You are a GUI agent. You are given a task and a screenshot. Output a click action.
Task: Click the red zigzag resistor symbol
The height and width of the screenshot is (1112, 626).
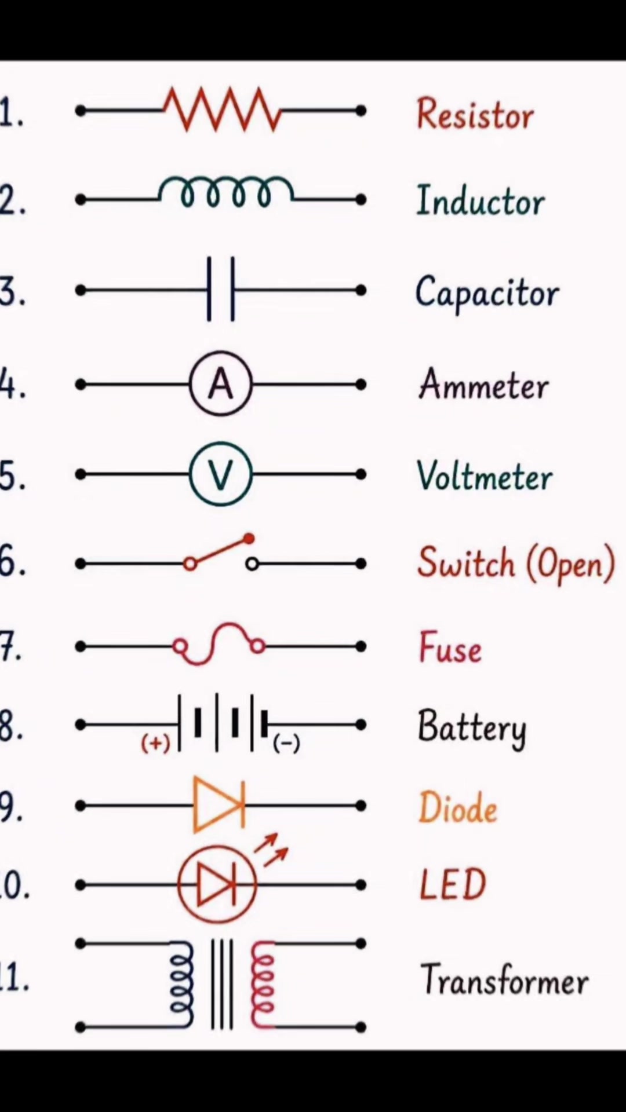click(222, 109)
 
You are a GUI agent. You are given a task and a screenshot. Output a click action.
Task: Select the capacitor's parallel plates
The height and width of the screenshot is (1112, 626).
click(221, 289)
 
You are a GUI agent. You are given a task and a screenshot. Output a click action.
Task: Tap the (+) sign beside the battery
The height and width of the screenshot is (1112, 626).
click(156, 742)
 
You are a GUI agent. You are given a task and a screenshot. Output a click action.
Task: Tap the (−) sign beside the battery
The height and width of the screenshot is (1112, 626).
click(286, 742)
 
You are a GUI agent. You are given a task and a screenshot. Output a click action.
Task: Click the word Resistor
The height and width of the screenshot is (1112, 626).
click(475, 114)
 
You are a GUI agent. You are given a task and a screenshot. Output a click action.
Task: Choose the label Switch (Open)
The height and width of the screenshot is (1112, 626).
click(516, 563)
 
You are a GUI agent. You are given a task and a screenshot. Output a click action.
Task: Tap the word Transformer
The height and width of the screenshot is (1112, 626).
click(504, 979)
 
